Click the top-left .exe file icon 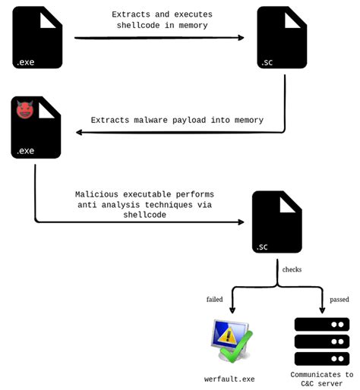37,38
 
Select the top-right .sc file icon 282,38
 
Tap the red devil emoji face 25,111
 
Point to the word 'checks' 292,269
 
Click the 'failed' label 215,299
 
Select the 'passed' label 338,299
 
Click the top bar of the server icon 321,324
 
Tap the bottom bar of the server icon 321,358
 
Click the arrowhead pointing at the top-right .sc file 241,37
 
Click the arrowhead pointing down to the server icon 322,310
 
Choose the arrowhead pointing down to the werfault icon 232,310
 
